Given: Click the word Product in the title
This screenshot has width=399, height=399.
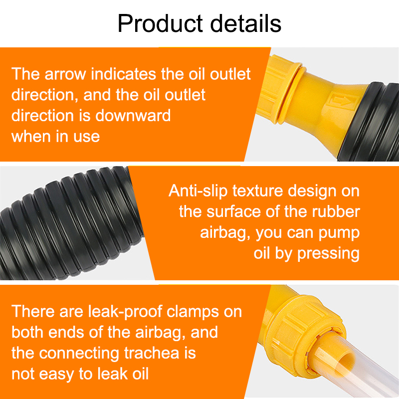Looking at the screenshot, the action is (x=160, y=23).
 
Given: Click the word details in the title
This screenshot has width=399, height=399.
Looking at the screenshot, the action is (x=246, y=23).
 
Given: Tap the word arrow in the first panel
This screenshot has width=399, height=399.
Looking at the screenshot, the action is (x=66, y=74).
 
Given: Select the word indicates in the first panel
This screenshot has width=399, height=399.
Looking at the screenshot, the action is (x=123, y=74).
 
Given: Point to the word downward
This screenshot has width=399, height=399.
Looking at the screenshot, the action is (x=133, y=116).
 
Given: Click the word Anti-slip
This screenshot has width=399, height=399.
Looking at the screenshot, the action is (x=198, y=191).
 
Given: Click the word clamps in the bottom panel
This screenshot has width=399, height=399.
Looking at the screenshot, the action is (x=193, y=312).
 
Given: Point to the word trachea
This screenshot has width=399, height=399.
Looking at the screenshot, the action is (x=152, y=353).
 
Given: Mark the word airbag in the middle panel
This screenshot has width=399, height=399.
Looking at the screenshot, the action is (x=225, y=233).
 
